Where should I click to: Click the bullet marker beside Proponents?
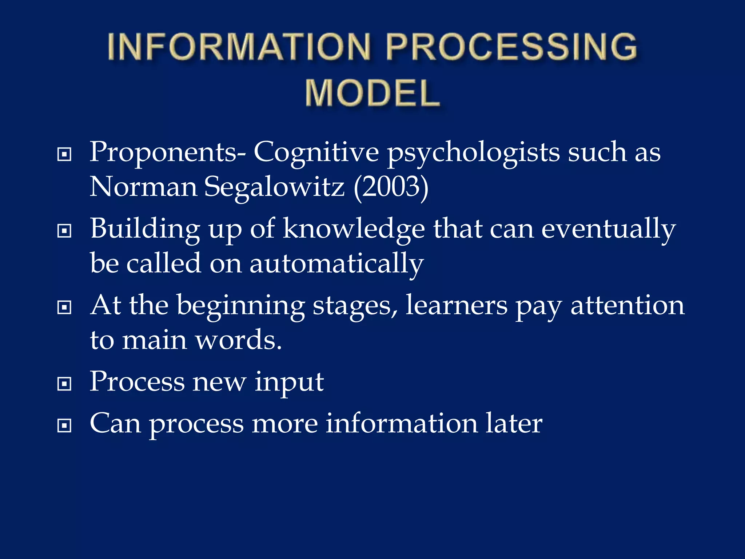(x=64, y=154)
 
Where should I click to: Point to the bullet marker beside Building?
(x=64, y=231)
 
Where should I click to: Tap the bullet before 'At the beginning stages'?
(x=64, y=308)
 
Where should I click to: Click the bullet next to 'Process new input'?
(x=64, y=384)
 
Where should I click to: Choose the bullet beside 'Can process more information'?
(x=64, y=425)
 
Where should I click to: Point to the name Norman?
(x=143, y=187)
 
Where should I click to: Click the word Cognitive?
(x=316, y=152)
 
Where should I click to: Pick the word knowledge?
(x=354, y=229)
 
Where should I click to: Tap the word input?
(x=289, y=383)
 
